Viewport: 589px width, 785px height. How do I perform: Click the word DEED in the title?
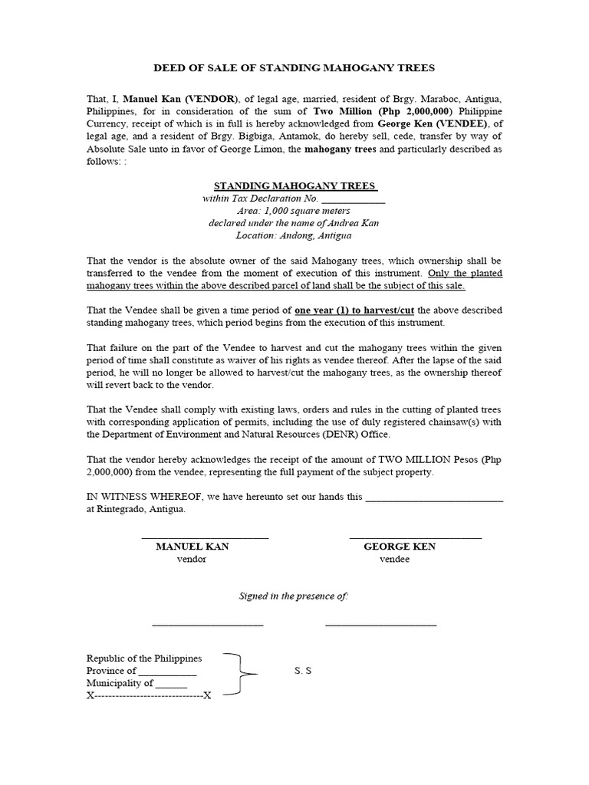point(169,68)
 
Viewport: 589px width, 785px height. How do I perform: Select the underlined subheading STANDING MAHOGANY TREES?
point(295,186)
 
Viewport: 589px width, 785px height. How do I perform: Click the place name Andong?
point(301,235)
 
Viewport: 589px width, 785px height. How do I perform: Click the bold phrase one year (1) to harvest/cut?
point(354,310)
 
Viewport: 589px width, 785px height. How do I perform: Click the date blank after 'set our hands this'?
point(435,497)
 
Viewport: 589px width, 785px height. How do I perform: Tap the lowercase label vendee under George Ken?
point(394,559)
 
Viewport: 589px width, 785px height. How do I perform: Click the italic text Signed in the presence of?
point(294,596)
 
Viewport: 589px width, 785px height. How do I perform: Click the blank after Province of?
point(168,672)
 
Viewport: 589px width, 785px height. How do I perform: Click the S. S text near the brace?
point(303,671)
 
